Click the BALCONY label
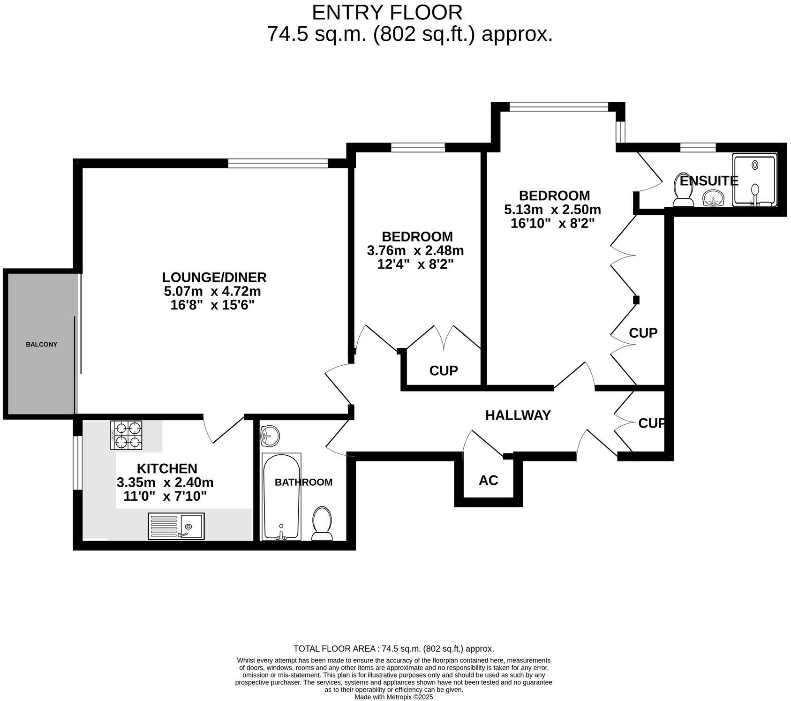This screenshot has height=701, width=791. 41,344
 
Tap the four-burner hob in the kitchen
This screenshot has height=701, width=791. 126,435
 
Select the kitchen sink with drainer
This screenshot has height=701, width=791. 176,526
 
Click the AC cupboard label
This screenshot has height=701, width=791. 488,480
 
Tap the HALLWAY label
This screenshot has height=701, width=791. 518,415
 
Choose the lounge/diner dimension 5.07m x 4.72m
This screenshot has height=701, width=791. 212,292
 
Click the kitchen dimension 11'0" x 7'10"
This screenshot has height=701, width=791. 165,496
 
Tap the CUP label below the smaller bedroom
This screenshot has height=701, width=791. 443,370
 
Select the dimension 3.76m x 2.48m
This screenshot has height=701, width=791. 415,250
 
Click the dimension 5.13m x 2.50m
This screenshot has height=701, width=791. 552,209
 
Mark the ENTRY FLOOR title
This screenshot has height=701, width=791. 387,12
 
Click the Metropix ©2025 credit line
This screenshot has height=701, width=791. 393,697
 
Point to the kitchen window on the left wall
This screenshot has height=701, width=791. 78,463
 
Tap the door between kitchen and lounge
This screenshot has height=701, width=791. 224,428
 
